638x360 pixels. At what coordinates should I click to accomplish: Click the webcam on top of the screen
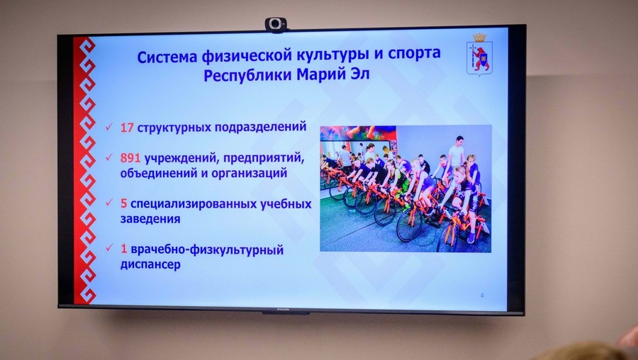(x=276, y=24)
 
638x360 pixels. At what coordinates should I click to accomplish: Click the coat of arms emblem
(x=479, y=55)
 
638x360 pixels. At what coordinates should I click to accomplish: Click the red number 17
(x=127, y=128)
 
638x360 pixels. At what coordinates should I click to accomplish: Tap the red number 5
(x=123, y=204)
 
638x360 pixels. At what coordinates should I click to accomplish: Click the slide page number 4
(x=481, y=295)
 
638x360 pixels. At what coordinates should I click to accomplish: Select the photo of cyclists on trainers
(x=405, y=188)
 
